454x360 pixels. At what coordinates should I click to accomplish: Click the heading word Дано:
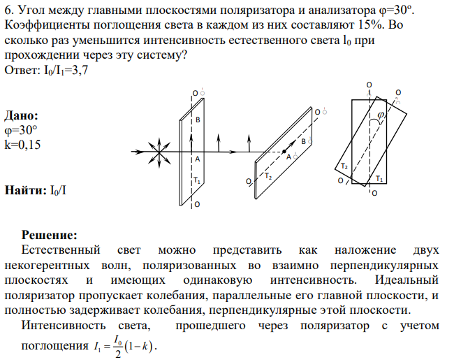(x=21, y=115)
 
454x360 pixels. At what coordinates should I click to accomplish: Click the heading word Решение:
(x=49, y=235)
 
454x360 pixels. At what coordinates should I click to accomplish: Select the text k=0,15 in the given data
(x=22, y=145)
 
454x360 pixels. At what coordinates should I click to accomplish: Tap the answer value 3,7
(x=80, y=71)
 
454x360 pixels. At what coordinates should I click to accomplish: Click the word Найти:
(x=25, y=190)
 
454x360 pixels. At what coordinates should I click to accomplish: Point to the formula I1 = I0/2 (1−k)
(x=125, y=346)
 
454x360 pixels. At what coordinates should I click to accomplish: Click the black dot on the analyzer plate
(x=284, y=151)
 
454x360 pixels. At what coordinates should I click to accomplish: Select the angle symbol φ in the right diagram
(x=381, y=115)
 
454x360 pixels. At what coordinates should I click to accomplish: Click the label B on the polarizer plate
(x=198, y=120)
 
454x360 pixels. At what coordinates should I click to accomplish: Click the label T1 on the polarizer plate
(x=197, y=180)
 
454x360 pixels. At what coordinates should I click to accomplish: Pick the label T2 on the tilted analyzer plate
(x=268, y=176)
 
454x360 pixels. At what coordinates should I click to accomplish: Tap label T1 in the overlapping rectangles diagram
(x=379, y=178)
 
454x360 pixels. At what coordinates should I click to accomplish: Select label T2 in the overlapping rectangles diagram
(x=344, y=166)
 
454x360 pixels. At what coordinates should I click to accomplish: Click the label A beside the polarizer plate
(x=198, y=159)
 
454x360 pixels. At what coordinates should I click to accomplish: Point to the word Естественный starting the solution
(x=61, y=250)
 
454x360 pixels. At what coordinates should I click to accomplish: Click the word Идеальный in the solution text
(x=407, y=280)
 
